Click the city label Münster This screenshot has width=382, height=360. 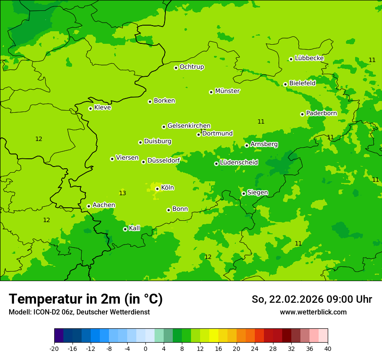pyautogui.click(x=227, y=91)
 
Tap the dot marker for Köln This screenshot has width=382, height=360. pyautogui.click(x=157, y=189)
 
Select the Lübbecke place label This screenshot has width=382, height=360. pyautogui.click(x=309, y=58)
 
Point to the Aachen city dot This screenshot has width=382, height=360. pyautogui.click(x=89, y=206)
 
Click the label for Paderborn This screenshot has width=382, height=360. pyautogui.click(x=321, y=113)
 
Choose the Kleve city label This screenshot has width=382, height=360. pyautogui.click(x=102, y=108)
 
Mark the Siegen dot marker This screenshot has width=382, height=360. pyautogui.click(x=244, y=193)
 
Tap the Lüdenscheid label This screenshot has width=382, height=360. pyautogui.click(x=239, y=163)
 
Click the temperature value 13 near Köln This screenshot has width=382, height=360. pyautogui.click(x=122, y=193)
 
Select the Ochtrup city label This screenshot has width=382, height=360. pyautogui.click(x=191, y=67)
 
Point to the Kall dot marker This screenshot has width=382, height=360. pyautogui.click(x=125, y=229)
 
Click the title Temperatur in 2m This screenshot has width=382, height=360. pyautogui.click(x=86, y=299)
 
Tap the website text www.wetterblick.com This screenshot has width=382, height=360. pyautogui.click(x=313, y=312)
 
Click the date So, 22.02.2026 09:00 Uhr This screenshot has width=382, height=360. pyautogui.click(x=312, y=299)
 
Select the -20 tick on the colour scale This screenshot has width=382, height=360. pyautogui.click(x=54, y=349)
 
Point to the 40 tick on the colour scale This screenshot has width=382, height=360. pyautogui.click(x=328, y=349)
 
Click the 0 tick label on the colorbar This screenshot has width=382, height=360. pyautogui.click(x=145, y=349)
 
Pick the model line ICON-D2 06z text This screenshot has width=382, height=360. pyautogui.click(x=79, y=312)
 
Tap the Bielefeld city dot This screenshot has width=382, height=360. pyautogui.click(x=285, y=84)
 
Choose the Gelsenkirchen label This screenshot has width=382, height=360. pyautogui.click(x=189, y=126)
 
